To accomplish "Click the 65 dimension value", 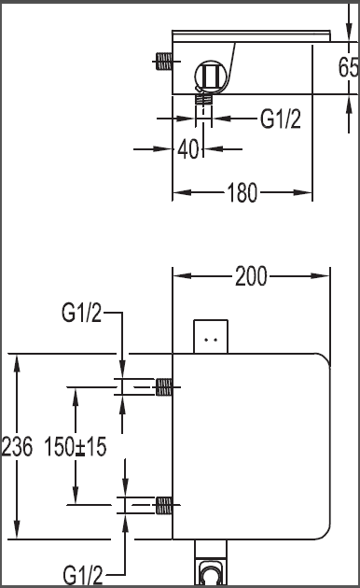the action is point(348,67).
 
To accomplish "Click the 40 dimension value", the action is point(188,149).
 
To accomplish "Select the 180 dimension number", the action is point(242,193).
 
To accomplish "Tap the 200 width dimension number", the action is point(251,276).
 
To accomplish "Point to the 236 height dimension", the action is point(17,446).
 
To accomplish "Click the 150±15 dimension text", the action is point(76,446).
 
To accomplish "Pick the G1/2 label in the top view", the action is point(281,119).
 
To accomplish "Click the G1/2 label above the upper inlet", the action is point(81,313).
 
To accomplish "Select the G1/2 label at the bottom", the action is point(83,575).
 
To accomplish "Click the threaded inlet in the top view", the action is point(163,61).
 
